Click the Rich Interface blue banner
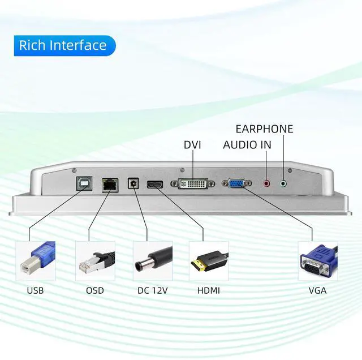(x=64, y=45)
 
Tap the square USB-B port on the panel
(x=84, y=183)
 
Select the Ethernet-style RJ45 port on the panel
(x=110, y=185)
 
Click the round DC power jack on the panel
(x=133, y=183)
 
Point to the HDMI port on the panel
(x=155, y=185)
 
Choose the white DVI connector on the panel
(x=193, y=184)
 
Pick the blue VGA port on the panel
(x=236, y=183)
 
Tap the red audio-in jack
(x=266, y=183)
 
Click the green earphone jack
(x=283, y=184)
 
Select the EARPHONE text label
(x=264, y=129)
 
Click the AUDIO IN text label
(x=247, y=145)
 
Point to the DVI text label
(x=192, y=145)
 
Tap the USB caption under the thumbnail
(x=35, y=291)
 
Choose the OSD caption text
(x=95, y=291)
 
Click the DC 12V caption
(x=152, y=291)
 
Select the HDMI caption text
(x=209, y=291)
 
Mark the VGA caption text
(x=317, y=291)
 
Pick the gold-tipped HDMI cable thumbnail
(x=209, y=261)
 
